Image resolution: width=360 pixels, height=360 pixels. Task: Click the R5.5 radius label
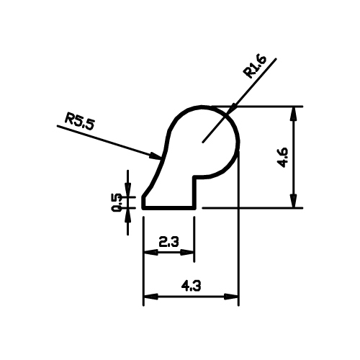click(x=78, y=122)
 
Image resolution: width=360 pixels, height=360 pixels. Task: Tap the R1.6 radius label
click(x=254, y=66)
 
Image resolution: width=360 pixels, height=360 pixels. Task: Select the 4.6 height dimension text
click(x=282, y=158)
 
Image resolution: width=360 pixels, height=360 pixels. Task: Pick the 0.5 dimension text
click(x=117, y=202)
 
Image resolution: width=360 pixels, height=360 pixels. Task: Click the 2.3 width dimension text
click(x=168, y=242)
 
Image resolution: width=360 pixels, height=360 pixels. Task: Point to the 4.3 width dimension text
click(x=191, y=286)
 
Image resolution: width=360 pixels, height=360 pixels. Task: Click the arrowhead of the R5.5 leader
click(x=155, y=156)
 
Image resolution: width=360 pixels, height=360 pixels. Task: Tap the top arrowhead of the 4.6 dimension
click(x=293, y=113)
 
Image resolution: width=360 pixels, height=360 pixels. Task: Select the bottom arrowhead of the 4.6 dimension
click(x=293, y=200)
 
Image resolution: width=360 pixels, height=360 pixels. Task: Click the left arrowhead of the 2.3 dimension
click(x=150, y=252)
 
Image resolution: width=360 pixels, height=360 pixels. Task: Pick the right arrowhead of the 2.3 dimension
click(x=187, y=252)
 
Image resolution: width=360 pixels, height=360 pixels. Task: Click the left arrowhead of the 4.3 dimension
click(x=150, y=296)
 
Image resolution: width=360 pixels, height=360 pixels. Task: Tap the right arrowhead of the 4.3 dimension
click(x=231, y=296)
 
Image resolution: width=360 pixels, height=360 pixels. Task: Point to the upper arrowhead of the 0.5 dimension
click(x=127, y=190)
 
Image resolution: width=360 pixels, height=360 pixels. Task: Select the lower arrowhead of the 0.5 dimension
click(x=127, y=215)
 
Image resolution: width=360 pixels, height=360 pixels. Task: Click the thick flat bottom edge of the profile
click(x=169, y=208)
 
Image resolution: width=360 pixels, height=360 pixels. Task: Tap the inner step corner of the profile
click(x=194, y=178)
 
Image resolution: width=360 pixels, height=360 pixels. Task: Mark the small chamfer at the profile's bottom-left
click(x=145, y=194)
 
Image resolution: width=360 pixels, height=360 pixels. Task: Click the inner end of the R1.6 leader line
click(x=203, y=142)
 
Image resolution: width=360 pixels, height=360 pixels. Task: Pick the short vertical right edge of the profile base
click(x=194, y=193)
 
